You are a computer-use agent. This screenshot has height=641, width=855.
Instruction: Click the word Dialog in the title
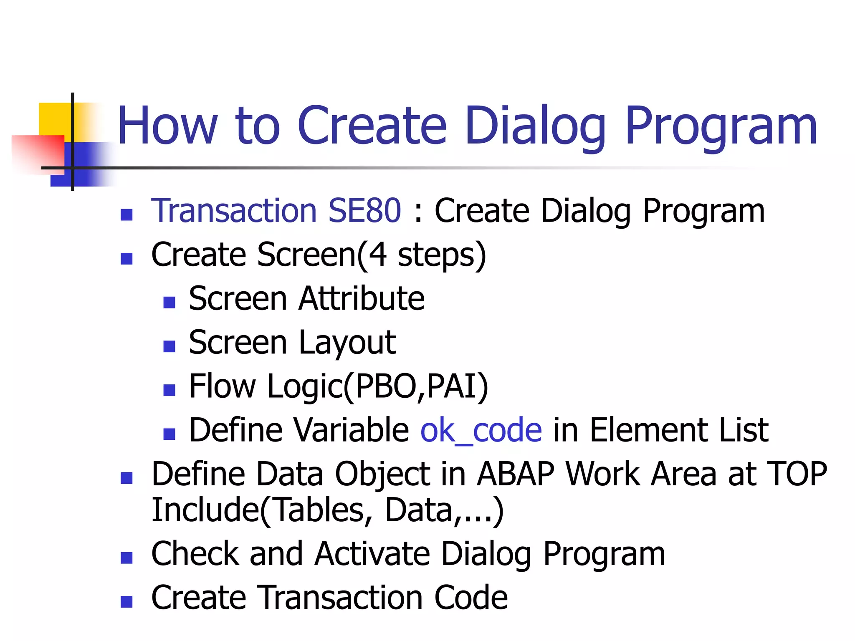(535, 126)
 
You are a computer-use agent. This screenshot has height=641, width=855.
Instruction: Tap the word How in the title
(167, 126)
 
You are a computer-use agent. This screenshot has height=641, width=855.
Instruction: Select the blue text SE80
(364, 211)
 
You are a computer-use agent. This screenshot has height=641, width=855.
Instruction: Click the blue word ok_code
(481, 430)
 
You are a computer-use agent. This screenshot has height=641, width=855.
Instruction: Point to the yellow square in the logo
(54, 119)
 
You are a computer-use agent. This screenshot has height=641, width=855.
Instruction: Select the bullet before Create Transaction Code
(126, 601)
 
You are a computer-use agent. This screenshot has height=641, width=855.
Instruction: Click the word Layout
(347, 343)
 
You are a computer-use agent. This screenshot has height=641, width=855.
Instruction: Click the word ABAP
(516, 474)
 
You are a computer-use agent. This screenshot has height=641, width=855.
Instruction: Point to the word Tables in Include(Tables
(319, 510)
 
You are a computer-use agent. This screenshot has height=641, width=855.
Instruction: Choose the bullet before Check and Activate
(126, 558)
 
